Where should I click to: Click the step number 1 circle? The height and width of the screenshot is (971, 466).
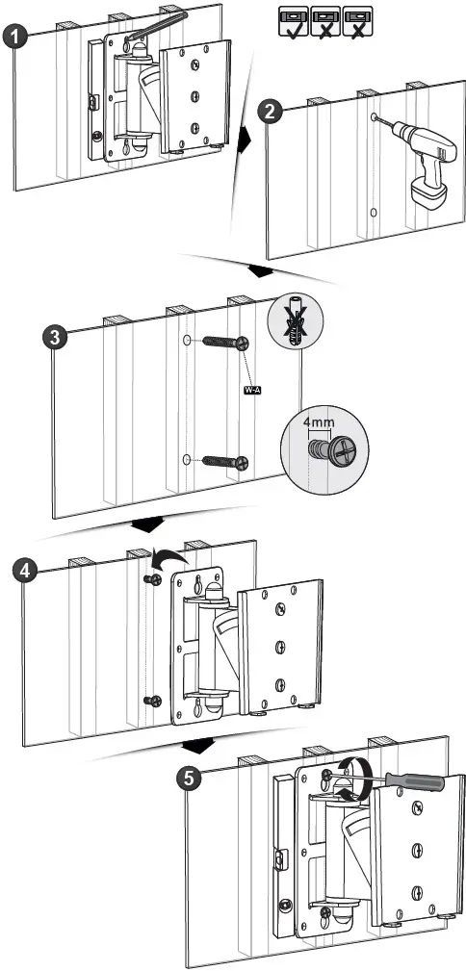click(x=14, y=39)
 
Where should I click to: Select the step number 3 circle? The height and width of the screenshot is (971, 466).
click(x=59, y=339)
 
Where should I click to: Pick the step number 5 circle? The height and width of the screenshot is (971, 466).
click(x=193, y=778)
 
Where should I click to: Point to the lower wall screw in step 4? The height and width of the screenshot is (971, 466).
click(x=150, y=702)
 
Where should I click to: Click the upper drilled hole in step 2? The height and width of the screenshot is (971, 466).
click(x=372, y=120)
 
